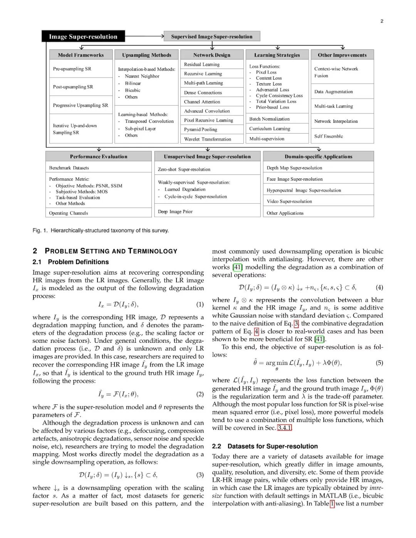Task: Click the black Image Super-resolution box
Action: coord(83,37)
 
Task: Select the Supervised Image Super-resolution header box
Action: coord(212,37)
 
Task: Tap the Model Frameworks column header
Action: coord(81,55)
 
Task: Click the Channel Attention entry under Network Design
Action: coord(202,102)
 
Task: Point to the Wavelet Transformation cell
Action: coord(208,139)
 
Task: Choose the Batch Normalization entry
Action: coord(269,119)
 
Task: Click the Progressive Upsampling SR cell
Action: coord(81,105)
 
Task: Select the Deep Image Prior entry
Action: coord(175,211)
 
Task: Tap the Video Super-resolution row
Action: coord(289,201)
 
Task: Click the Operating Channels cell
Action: coord(69,213)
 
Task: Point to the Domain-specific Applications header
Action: coord(319,157)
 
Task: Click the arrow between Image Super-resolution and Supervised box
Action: coord(144,37)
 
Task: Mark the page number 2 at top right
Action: coord(382,21)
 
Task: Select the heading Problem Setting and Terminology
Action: coord(111,251)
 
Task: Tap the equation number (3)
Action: coord(200,475)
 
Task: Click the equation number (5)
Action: coord(379,363)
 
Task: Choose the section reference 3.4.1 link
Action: coord(285,427)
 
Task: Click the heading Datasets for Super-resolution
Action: coord(272,446)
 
